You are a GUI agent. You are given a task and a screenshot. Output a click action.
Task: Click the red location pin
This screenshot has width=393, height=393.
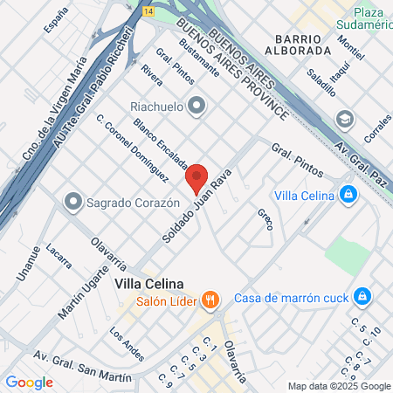[x=197, y=177]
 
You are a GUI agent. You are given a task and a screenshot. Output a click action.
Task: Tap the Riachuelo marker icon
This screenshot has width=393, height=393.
[x=197, y=106]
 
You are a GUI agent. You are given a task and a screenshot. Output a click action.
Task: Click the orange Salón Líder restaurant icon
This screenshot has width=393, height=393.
[x=210, y=300]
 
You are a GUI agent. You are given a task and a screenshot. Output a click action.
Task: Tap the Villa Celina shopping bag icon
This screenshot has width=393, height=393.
[x=348, y=193]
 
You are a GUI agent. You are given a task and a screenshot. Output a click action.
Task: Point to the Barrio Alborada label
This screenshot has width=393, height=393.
[x=302, y=45]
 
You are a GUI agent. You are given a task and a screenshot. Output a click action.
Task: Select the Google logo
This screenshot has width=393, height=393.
[x=29, y=382]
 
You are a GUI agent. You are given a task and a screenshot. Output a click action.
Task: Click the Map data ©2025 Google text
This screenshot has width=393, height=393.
[x=340, y=386]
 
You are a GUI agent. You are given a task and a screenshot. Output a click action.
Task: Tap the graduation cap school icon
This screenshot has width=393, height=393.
[x=346, y=118]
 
